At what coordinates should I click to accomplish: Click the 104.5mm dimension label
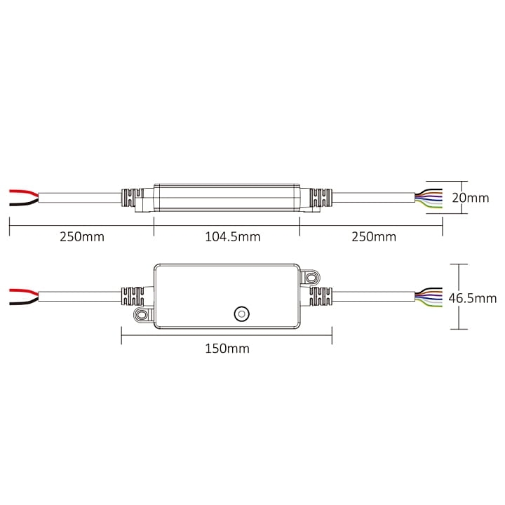pyautogui.click(x=233, y=237)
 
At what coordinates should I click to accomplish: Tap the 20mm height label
pyautogui.click(x=470, y=198)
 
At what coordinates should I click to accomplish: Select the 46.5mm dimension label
pyautogui.click(x=473, y=298)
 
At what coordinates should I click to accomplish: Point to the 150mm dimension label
pyautogui.click(x=227, y=349)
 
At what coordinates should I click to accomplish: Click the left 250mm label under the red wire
pyautogui.click(x=82, y=237)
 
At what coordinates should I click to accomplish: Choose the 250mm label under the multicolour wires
pyautogui.click(x=374, y=237)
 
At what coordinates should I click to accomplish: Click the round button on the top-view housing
pyautogui.click(x=241, y=314)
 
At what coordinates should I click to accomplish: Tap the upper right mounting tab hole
pyautogui.click(x=311, y=277)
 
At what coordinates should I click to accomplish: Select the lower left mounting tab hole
pyautogui.click(x=141, y=315)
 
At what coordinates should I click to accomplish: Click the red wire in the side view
pyautogui.click(x=24, y=192)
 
